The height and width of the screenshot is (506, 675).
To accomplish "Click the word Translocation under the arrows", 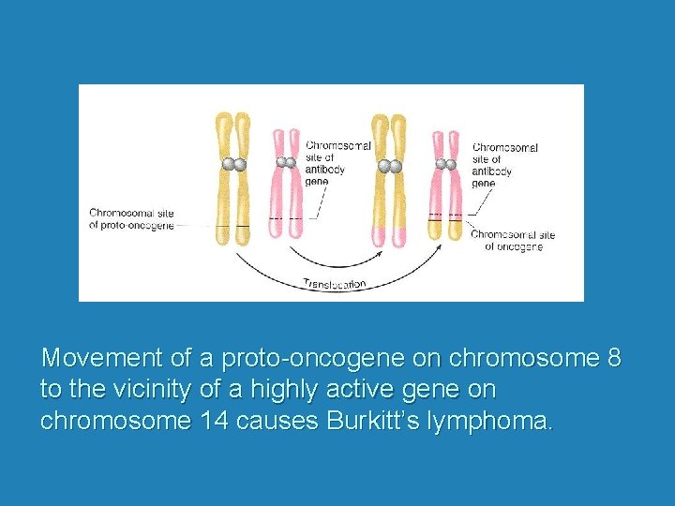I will (335, 283).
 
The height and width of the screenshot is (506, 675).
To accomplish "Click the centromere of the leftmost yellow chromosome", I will (233, 164).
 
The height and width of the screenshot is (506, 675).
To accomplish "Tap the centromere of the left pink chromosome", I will (286, 162).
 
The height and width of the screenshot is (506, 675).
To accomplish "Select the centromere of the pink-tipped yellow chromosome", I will (389, 166).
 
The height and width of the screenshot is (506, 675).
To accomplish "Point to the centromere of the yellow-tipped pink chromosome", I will (445, 164).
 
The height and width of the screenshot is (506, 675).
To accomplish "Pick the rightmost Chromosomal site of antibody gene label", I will (504, 165).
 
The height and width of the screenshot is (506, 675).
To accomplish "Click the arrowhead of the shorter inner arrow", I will (380, 250).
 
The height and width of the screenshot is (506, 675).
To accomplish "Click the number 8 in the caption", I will (614, 359).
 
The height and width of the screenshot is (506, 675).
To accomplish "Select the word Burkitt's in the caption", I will (368, 421).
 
